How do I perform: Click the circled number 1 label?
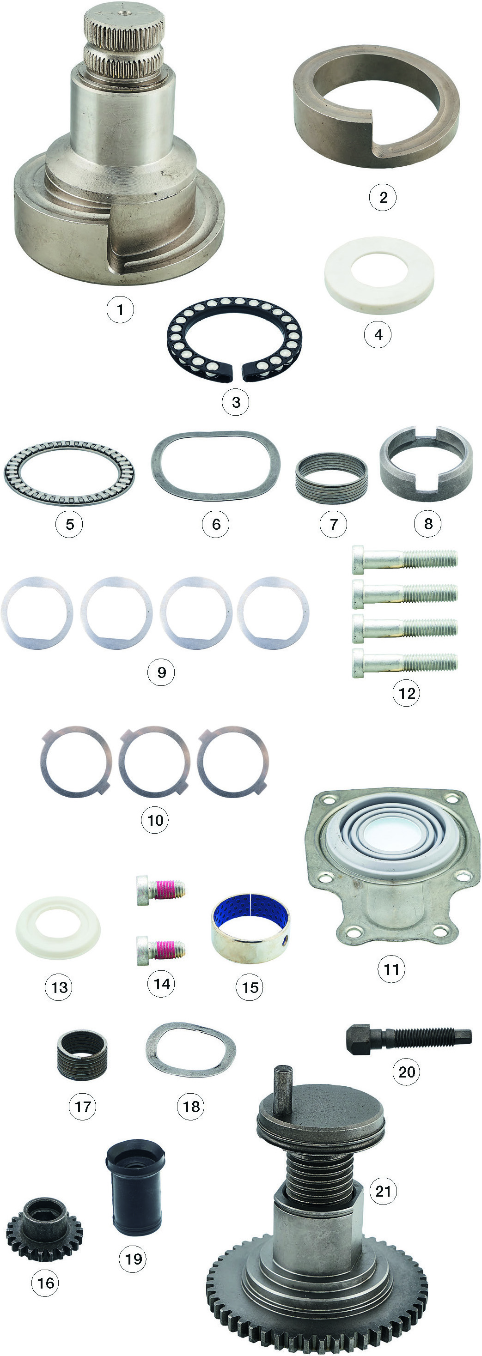click(x=120, y=309)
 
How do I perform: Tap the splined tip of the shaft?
click(x=124, y=44)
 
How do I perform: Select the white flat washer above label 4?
click(x=379, y=275)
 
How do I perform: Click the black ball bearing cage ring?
click(x=234, y=340)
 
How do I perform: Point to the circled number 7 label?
click(x=333, y=524)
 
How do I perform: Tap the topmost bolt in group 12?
click(x=404, y=559)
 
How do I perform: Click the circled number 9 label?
click(x=161, y=672)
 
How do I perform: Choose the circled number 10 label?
click(x=155, y=820)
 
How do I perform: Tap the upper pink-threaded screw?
click(x=161, y=890)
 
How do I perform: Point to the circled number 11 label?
click(x=391, y=969)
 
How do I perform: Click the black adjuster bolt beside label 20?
click(x=408, y=1039)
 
